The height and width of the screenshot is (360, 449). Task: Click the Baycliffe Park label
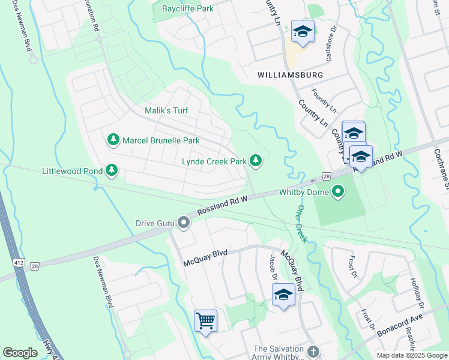[x=187, y=9]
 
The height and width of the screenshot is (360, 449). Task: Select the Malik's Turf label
[x=166, y=111]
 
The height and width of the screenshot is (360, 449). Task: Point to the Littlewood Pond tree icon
[x=111, y=171]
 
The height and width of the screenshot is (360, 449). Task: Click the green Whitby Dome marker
[x=339, y=193]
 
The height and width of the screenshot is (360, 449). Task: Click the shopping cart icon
[x=205, y=320]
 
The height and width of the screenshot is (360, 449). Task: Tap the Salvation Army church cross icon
[x=312, y=351]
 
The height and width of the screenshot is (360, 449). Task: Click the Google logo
[x=20, y=353]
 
